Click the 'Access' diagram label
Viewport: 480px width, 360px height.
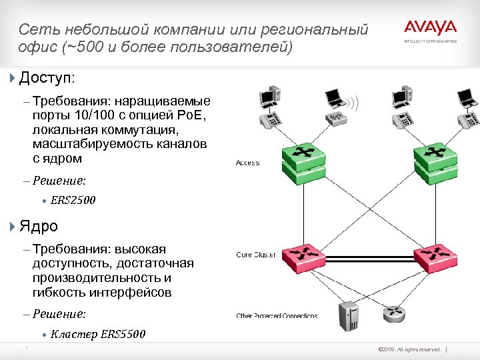[x=247, y=163]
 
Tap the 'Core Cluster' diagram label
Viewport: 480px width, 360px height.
[x=256, y=255]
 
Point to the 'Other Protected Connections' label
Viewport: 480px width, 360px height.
[x=277, y=315]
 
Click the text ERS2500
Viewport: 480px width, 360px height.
[x=73, y=200]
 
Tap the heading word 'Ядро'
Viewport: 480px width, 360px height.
[x=39, y=227]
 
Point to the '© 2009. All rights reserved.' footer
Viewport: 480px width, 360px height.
[x=409, y=349]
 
